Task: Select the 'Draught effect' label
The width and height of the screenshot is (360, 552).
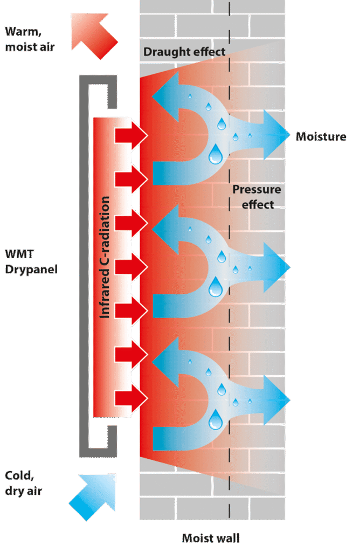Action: pos(184,52)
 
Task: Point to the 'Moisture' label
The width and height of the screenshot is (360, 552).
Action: pos(321,136)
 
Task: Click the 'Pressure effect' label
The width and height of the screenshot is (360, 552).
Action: pos(257,197)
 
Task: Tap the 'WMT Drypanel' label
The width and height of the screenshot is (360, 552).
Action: pos(31,261)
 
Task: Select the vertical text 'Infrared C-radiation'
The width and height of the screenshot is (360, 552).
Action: pos(105,257)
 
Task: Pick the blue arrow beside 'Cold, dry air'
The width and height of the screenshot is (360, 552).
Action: pos(93,496)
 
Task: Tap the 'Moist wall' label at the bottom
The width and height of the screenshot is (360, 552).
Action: pos(211,537)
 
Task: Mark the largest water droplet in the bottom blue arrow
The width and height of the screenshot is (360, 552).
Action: pos(216,419)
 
